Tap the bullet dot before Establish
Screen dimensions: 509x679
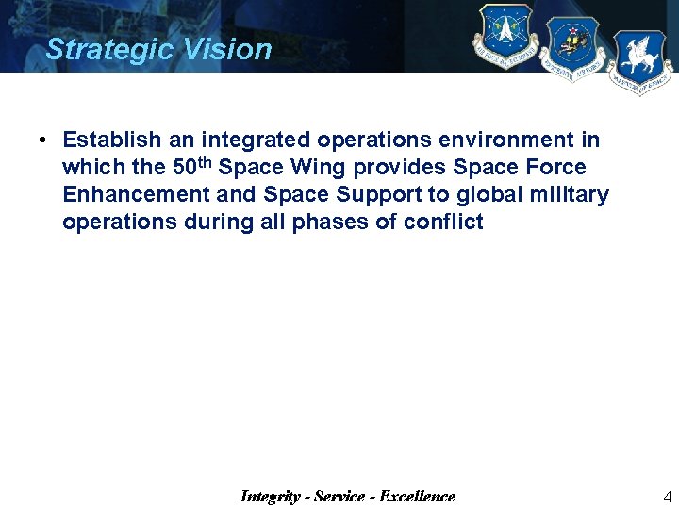click(x=43, y=141)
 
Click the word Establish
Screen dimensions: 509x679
click(x=112, y=140)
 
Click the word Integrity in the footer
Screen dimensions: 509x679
click(x=272, y=496)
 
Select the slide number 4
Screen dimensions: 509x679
click(x=668, y=497)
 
